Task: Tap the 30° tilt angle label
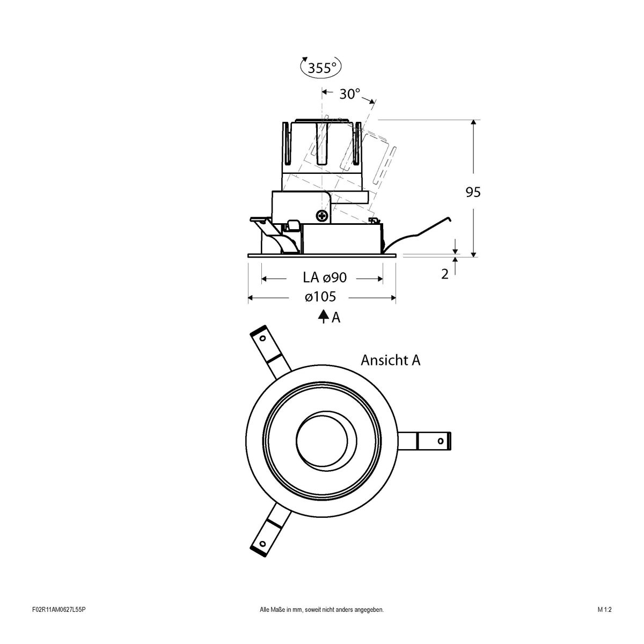point(349,94)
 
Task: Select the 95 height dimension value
point(473,192)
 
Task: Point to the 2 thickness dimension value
point(444,274)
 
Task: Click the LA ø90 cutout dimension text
point(325,277)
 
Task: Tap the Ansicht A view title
point(390,360)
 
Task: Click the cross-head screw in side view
point(322,216)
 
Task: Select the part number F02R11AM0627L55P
point(59,625)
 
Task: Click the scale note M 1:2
point(604,625)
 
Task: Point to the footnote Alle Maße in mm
point(321,625)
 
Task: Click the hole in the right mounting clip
point(440,441)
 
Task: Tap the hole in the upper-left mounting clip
point(262,339)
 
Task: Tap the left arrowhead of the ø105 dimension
point(251,297)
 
